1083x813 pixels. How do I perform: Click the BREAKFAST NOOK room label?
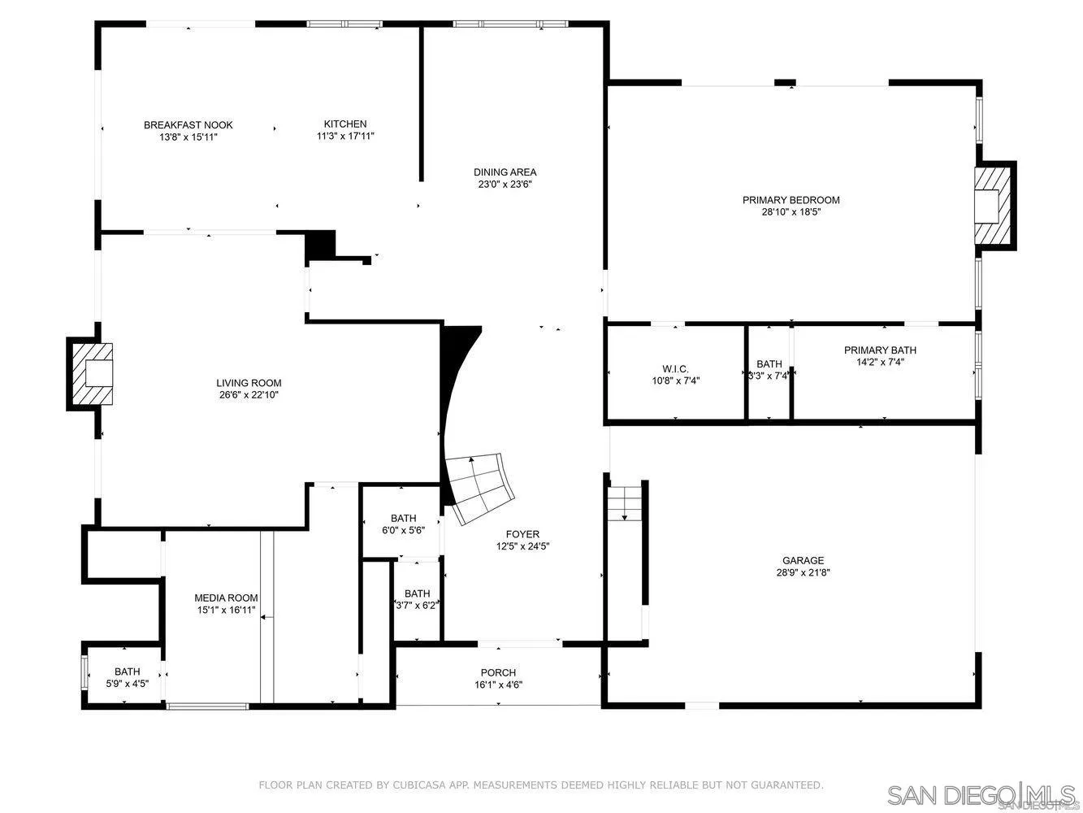188,125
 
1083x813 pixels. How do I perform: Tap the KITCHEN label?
345,124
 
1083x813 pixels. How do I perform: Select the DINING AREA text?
505,172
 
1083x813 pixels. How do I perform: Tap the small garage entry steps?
625,502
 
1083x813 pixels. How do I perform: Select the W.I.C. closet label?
675,369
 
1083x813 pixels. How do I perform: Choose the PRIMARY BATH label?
880,350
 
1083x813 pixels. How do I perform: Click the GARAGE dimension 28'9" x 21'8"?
803,572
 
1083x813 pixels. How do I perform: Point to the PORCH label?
498,672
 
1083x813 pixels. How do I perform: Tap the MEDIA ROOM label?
226,598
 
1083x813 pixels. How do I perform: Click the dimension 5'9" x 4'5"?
127,684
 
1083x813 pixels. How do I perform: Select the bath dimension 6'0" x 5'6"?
403,530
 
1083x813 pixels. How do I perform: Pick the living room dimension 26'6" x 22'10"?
249,395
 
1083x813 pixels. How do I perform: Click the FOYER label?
522,534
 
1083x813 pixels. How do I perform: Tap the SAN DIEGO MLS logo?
980,793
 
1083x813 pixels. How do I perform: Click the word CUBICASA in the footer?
408,785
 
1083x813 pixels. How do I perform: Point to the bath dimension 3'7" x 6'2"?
417,606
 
